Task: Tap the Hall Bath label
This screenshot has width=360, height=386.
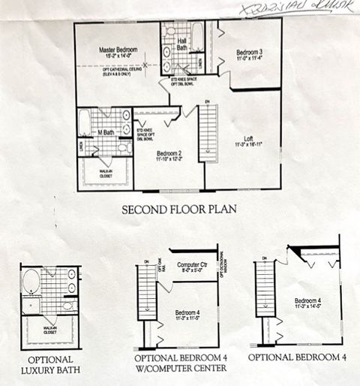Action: point(181,44)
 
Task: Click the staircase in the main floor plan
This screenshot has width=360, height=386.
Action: point(208,131)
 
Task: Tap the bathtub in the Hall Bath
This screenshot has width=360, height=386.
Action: point(197,35)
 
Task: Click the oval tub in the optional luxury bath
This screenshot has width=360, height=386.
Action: point(31,282)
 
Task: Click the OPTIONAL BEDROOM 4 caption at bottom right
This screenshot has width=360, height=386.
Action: point(298,357)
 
